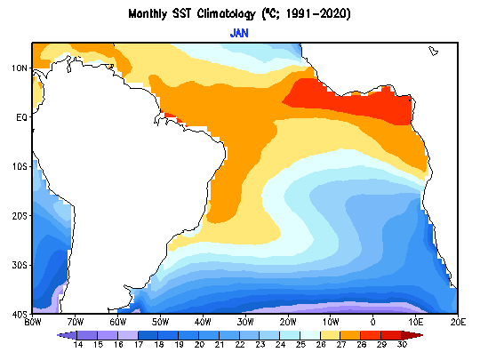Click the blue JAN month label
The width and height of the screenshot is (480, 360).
point(239,33)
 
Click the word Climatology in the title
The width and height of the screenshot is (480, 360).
point(226,14)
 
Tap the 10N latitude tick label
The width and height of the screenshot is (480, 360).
point(20,68)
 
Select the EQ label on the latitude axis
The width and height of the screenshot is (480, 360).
point(21,117)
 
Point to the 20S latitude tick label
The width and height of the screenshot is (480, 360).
point(20,216)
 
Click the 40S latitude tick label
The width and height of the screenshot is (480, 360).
point(20,315)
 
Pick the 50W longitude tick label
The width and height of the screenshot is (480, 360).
point(160,322)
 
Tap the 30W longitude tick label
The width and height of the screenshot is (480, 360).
point(245,322)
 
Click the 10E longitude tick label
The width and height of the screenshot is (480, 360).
point(416,322)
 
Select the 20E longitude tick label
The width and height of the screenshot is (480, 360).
point(459,322)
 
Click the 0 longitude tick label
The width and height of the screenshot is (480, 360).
point(372,322)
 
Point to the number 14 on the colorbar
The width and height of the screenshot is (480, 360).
point(77,345)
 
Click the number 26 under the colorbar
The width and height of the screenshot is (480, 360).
point(321,345)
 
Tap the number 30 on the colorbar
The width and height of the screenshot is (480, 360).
point(402,345)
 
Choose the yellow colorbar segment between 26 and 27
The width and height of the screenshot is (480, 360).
point(331,335)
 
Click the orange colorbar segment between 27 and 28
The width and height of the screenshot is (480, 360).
point(351,335)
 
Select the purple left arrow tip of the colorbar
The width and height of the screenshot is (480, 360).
point(58,335)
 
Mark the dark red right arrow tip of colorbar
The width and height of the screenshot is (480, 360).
point(422,335)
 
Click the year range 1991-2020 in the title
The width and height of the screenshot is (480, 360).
point(317,14)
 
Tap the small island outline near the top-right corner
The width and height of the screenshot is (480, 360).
point(433,51)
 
